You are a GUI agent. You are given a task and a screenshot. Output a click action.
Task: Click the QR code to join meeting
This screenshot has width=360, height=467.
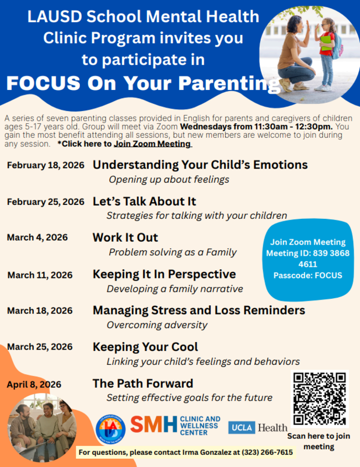click(319, 399)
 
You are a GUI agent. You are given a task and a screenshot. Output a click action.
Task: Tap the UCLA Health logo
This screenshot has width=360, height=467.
click(257, 427)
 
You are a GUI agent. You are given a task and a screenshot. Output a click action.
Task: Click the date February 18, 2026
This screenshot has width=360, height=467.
click(46, 165)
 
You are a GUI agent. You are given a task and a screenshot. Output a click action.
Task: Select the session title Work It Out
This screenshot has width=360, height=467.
click(125, 238)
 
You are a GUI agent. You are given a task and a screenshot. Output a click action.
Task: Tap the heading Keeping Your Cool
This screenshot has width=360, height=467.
click(145, 347)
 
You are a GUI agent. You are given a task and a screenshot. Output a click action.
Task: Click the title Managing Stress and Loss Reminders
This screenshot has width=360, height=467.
click(198, 310)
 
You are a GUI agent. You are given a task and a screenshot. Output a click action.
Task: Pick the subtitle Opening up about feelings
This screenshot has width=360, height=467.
click(169, 179)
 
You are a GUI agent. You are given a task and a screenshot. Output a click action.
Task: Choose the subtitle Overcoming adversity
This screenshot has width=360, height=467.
click(156, 325)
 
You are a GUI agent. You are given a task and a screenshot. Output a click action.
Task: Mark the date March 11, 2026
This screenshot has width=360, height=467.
click(40, 274)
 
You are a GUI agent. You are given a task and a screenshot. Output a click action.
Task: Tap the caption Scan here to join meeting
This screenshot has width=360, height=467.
click(319, 441)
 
